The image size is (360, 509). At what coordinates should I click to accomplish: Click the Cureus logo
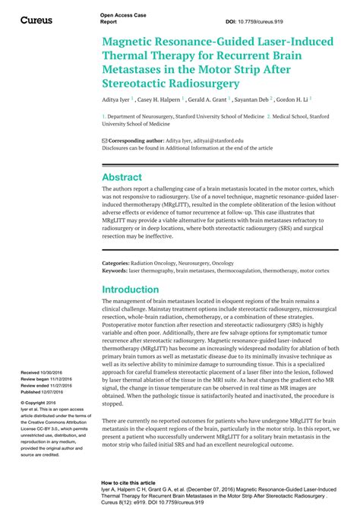pyautogui.click(x=36, y=20)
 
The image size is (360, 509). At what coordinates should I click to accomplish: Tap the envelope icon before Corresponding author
pyautogui.click(x=105, y=141)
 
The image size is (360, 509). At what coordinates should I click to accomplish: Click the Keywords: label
pyautogui.click(x=115, y=270)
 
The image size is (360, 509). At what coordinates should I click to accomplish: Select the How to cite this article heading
pyautogui.click(x=131, y=483)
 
